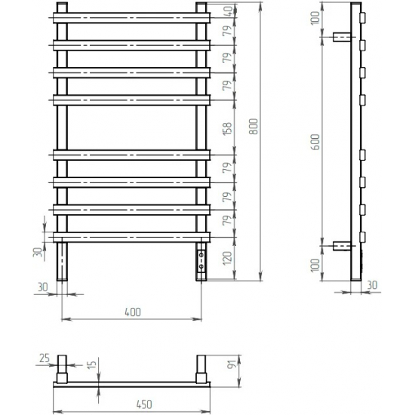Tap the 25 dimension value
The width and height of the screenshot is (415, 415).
click(44, 357)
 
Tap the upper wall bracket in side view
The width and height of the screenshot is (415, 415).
click(341, 36)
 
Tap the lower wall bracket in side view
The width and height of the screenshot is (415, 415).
click(341, 246)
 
